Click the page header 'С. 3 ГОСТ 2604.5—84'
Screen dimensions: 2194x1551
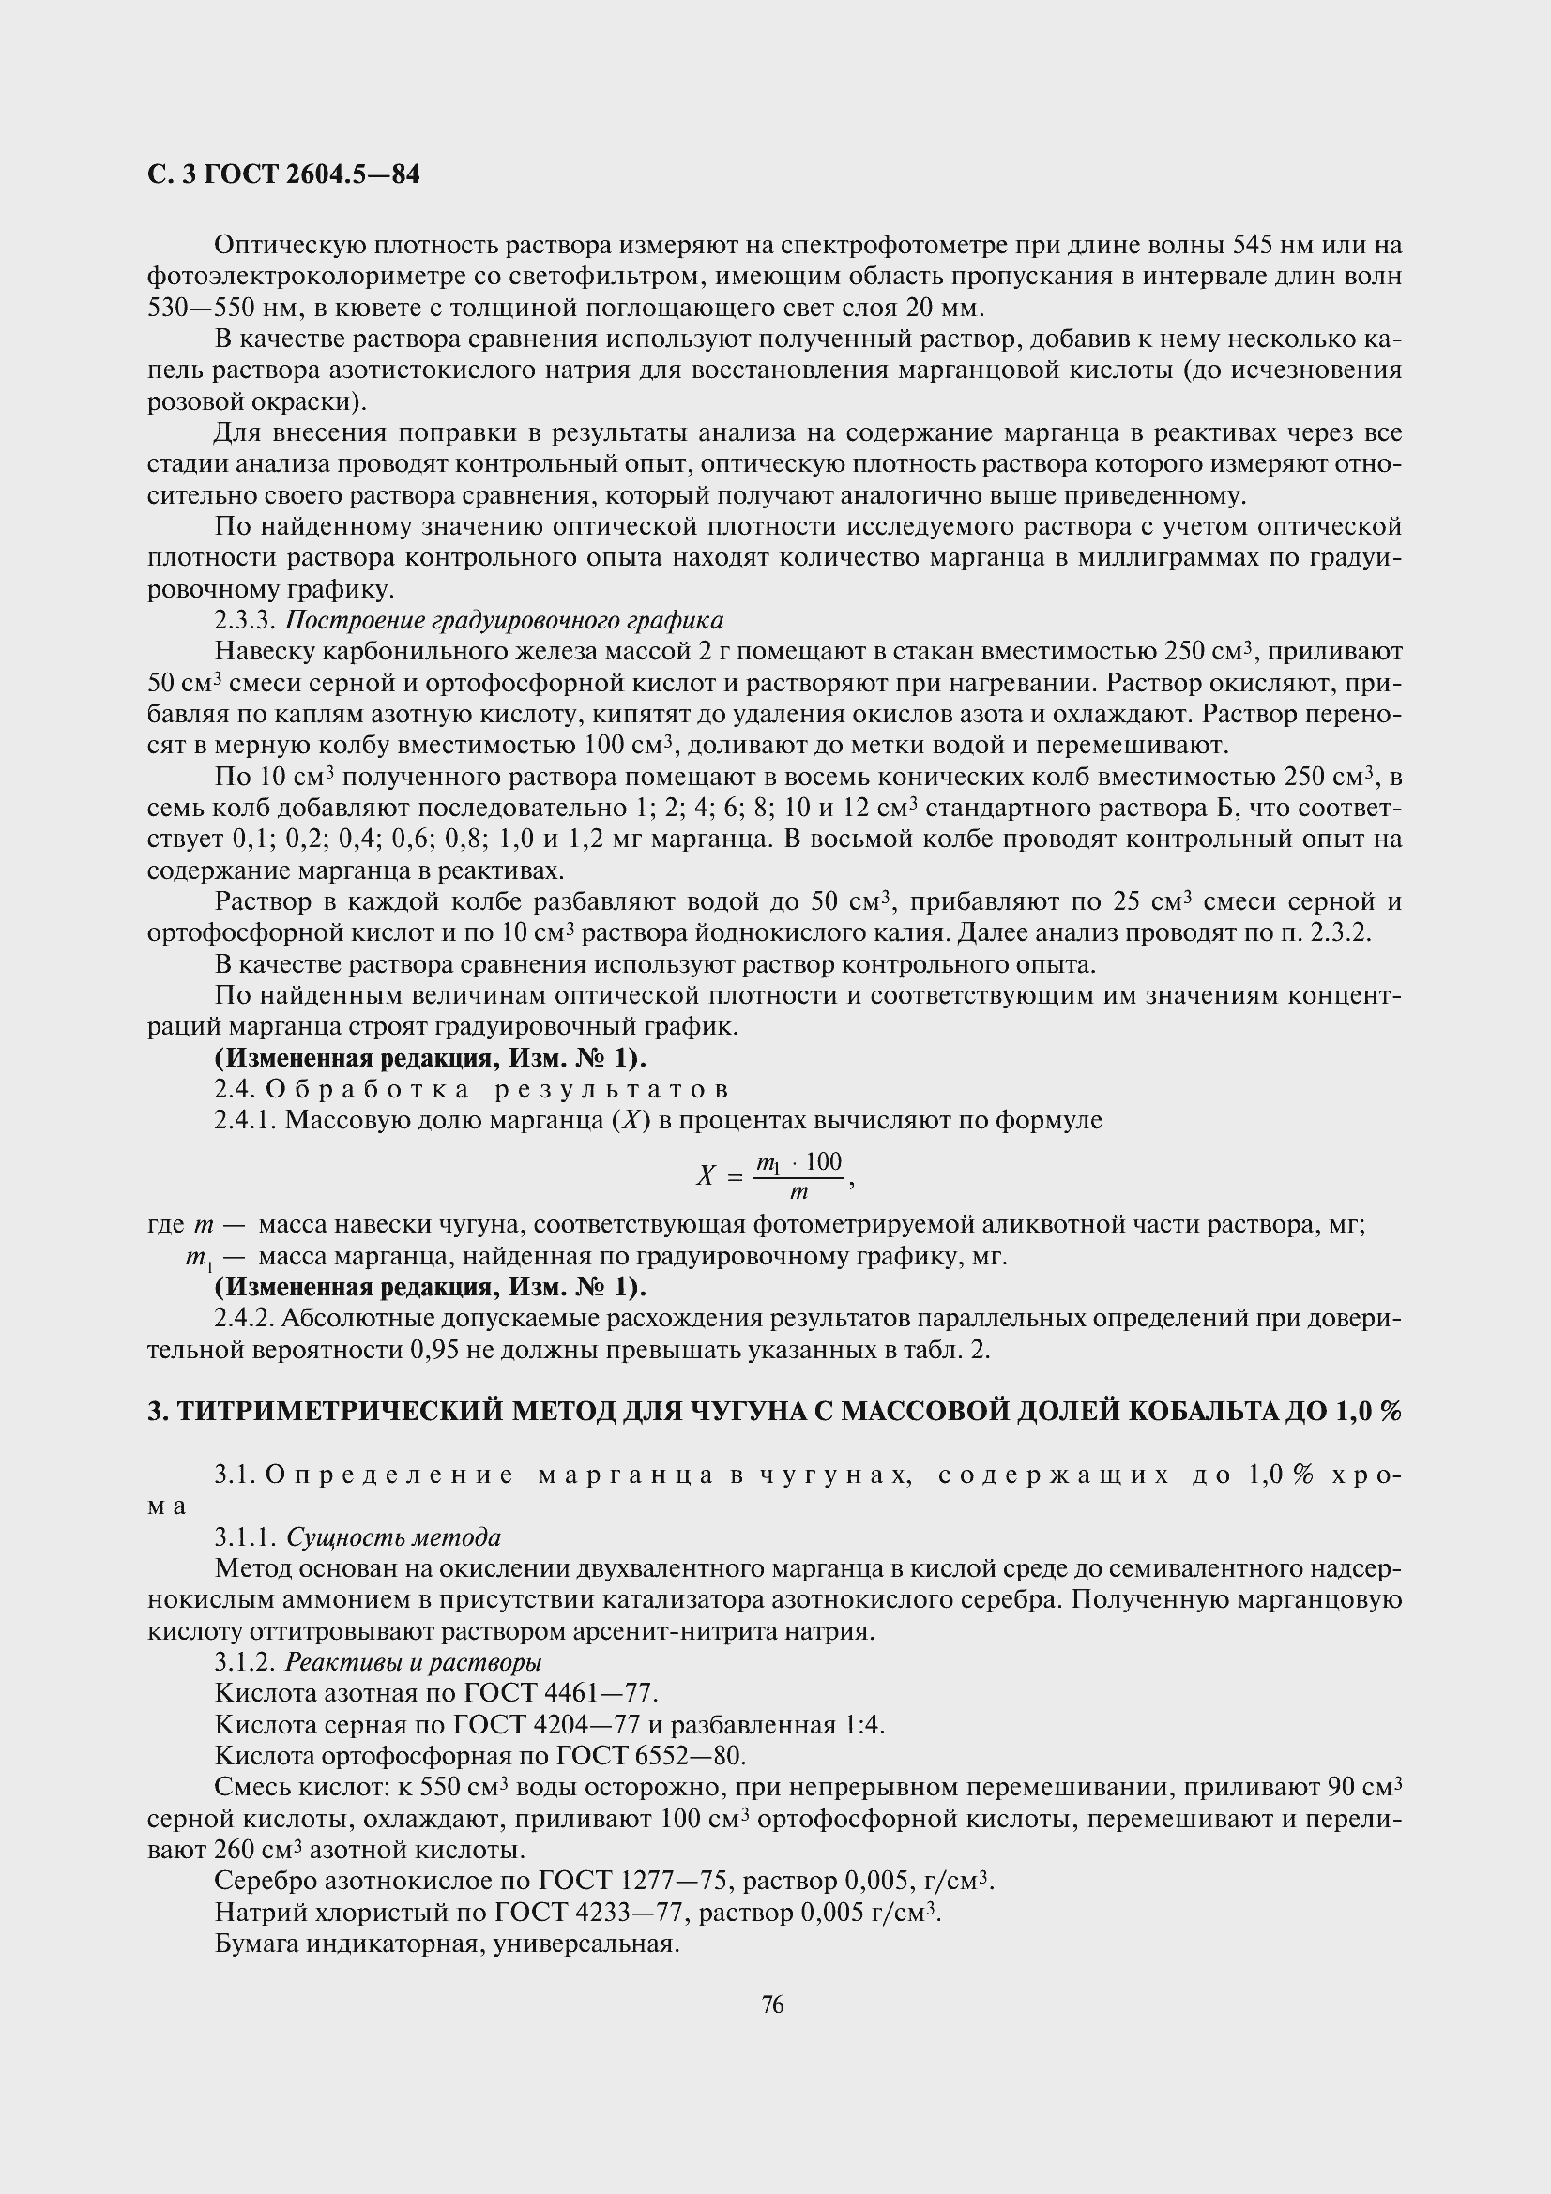pos(282,174)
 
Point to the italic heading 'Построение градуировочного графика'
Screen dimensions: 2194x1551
pos(505,620)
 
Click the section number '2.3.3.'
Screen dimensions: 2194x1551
pos(246,620)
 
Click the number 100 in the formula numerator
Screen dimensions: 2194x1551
pos(823,1162)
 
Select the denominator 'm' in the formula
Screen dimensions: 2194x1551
pos(798,1192)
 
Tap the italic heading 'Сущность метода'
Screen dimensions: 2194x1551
pos(394,1537)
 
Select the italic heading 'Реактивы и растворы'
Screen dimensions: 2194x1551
pos(414,1663)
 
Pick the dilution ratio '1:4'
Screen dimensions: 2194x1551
pos(864,1725)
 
